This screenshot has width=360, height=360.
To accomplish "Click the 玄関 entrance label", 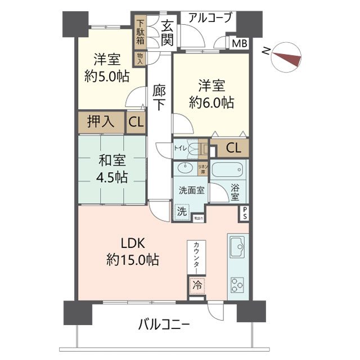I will pyautogui.click(x=167, y=33).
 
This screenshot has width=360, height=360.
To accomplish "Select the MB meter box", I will pyautogui.click(x=238, y=43).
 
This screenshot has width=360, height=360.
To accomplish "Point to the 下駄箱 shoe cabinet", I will pyautogui.click(x=139, y=33).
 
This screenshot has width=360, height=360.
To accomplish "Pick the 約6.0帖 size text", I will pyautogui.click(x=211, y=103).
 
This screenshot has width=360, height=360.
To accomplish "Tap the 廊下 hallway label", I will pyautogui.click(x=159, y=98).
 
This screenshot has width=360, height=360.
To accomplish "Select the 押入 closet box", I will pyautogui.click(x=102, y=122).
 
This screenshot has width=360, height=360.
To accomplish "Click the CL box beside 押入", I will pyautogui.click(x=136, y=122).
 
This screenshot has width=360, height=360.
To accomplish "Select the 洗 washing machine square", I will pyautogui.click(x=182, y=212).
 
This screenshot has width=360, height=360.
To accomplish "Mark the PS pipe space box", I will pyautogui.click(x=245, y=213).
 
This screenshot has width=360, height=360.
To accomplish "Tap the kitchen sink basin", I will pyautogui.click(x=236, y=247).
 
